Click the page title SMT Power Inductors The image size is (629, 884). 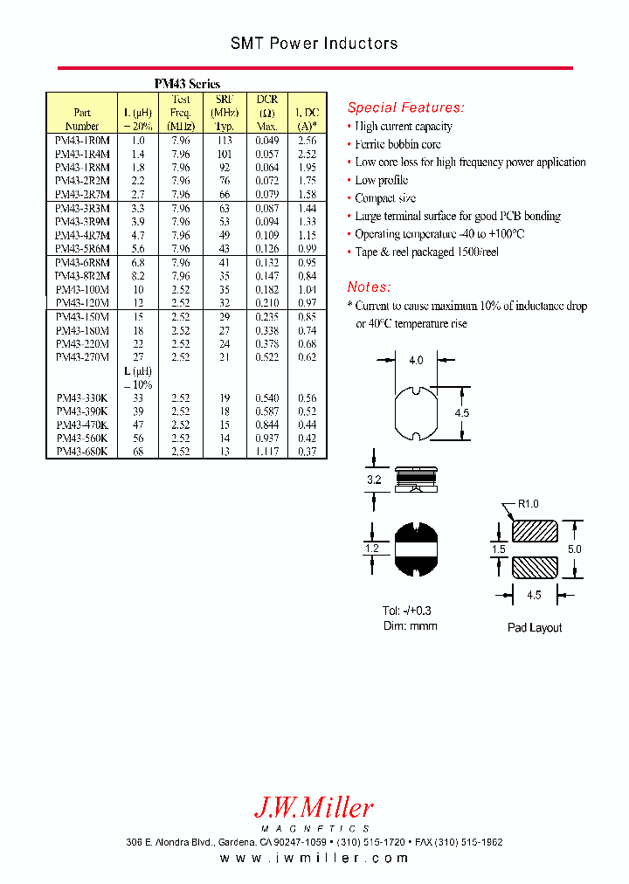314,43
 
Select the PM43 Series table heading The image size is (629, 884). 187,84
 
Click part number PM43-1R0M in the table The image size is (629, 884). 82,140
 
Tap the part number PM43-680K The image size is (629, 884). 82,452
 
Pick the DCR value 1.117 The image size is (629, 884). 266,452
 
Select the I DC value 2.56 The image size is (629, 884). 306,140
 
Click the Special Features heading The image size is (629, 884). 405,107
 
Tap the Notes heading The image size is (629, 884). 369,287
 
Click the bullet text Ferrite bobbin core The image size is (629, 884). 397,144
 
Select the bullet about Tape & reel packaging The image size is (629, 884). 426,252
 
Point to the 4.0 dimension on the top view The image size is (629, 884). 416,360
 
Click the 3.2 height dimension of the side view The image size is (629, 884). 373,480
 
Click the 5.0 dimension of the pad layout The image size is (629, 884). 573,549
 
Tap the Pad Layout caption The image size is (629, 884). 535,627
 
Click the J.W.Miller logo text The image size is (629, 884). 313,807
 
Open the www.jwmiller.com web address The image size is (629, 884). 314,859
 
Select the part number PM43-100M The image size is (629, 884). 82,289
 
